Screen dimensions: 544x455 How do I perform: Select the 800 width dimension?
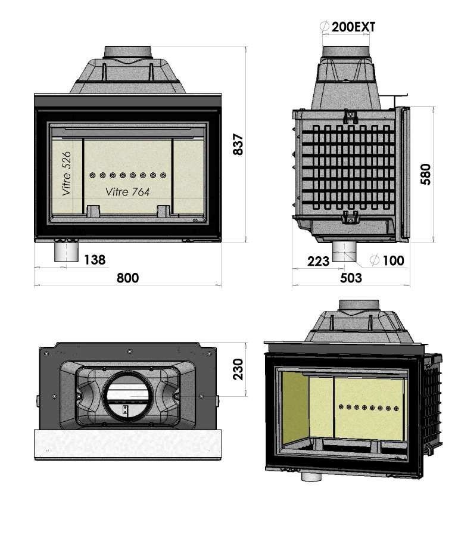coord(127,278)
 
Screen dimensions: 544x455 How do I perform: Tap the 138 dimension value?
coord(95,260)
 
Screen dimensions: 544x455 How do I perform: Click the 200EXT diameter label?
coord(353,27)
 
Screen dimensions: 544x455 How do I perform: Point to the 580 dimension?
coord(426,175)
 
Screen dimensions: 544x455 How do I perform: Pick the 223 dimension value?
coord(319,260)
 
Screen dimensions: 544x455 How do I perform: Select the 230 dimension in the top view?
coord(238,369)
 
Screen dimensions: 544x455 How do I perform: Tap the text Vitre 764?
coord(127,192)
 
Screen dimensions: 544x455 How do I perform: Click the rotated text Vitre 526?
coord(67,173)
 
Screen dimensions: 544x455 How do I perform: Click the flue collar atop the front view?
coord(128,52)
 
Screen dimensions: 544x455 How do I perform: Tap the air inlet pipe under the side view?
coord(344,251)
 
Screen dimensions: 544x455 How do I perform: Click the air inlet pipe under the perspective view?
coord(311,476)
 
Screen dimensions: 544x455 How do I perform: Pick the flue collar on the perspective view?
coord(359,305)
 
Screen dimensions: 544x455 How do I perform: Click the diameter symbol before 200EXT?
coord(325,27)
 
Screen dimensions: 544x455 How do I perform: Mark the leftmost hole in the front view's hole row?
coord(93,175)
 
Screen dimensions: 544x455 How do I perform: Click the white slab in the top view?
coord(127,444)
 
